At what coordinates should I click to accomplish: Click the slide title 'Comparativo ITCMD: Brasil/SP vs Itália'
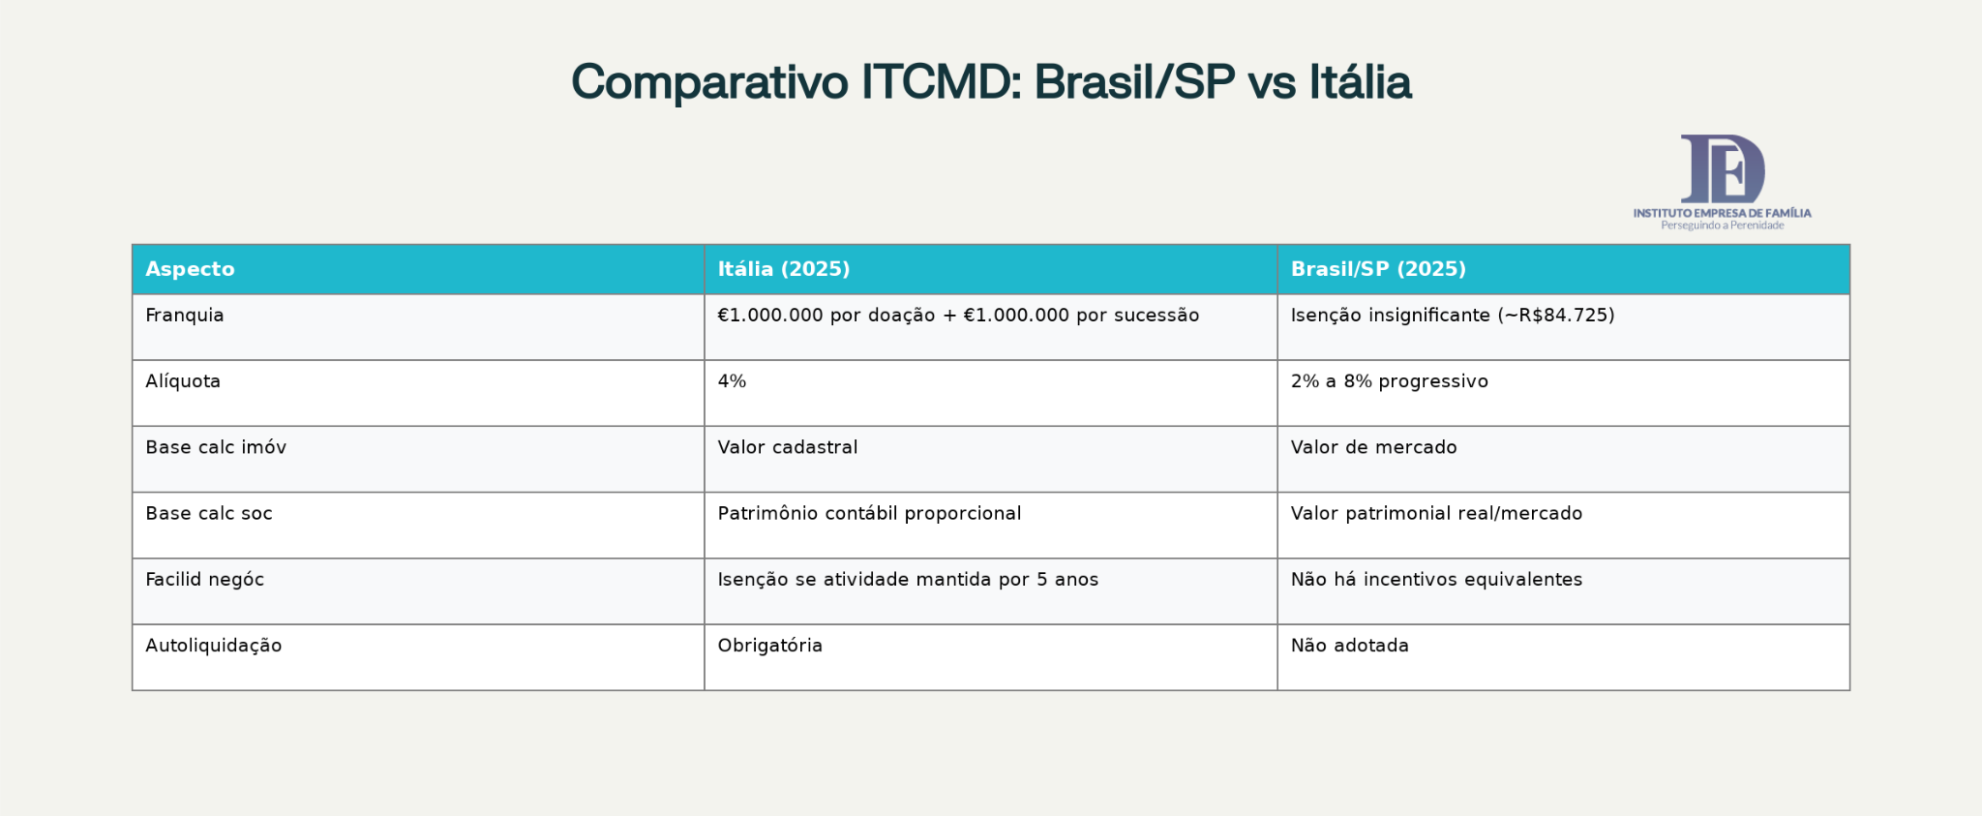[x=991, y=82]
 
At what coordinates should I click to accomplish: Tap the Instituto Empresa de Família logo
[x=1722, y=182]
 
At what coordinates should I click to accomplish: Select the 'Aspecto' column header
[x=190, y=269]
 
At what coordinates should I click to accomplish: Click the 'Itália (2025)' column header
[x=783, y=269]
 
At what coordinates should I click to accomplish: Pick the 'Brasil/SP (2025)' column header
[x=1377, y=269]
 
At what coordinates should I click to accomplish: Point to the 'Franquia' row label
[x=185, y=316]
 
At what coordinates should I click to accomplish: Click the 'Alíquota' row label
[x=183, y=381]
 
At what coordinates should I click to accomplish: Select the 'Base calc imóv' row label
[x=216, y=447]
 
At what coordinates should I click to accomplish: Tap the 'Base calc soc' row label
[x=209, y=513]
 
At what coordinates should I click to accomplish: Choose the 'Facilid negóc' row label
[x=204, y=580]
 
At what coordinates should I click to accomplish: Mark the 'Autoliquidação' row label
[x=214, y=646]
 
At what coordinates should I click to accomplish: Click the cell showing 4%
[x=732, y=381]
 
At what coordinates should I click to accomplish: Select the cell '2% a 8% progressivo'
[x=1389, y=381]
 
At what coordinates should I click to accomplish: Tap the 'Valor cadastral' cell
[x=787, y=447]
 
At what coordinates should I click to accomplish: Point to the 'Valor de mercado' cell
[x=1373, y=447]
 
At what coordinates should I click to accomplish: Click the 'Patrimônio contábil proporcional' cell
[x=869, y=513]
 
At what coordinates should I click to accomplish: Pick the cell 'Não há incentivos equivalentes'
[x=1436, y=580]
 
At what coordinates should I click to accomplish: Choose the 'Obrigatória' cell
[x=769, y=646]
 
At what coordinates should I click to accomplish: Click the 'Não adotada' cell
[x=1349, y=646]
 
